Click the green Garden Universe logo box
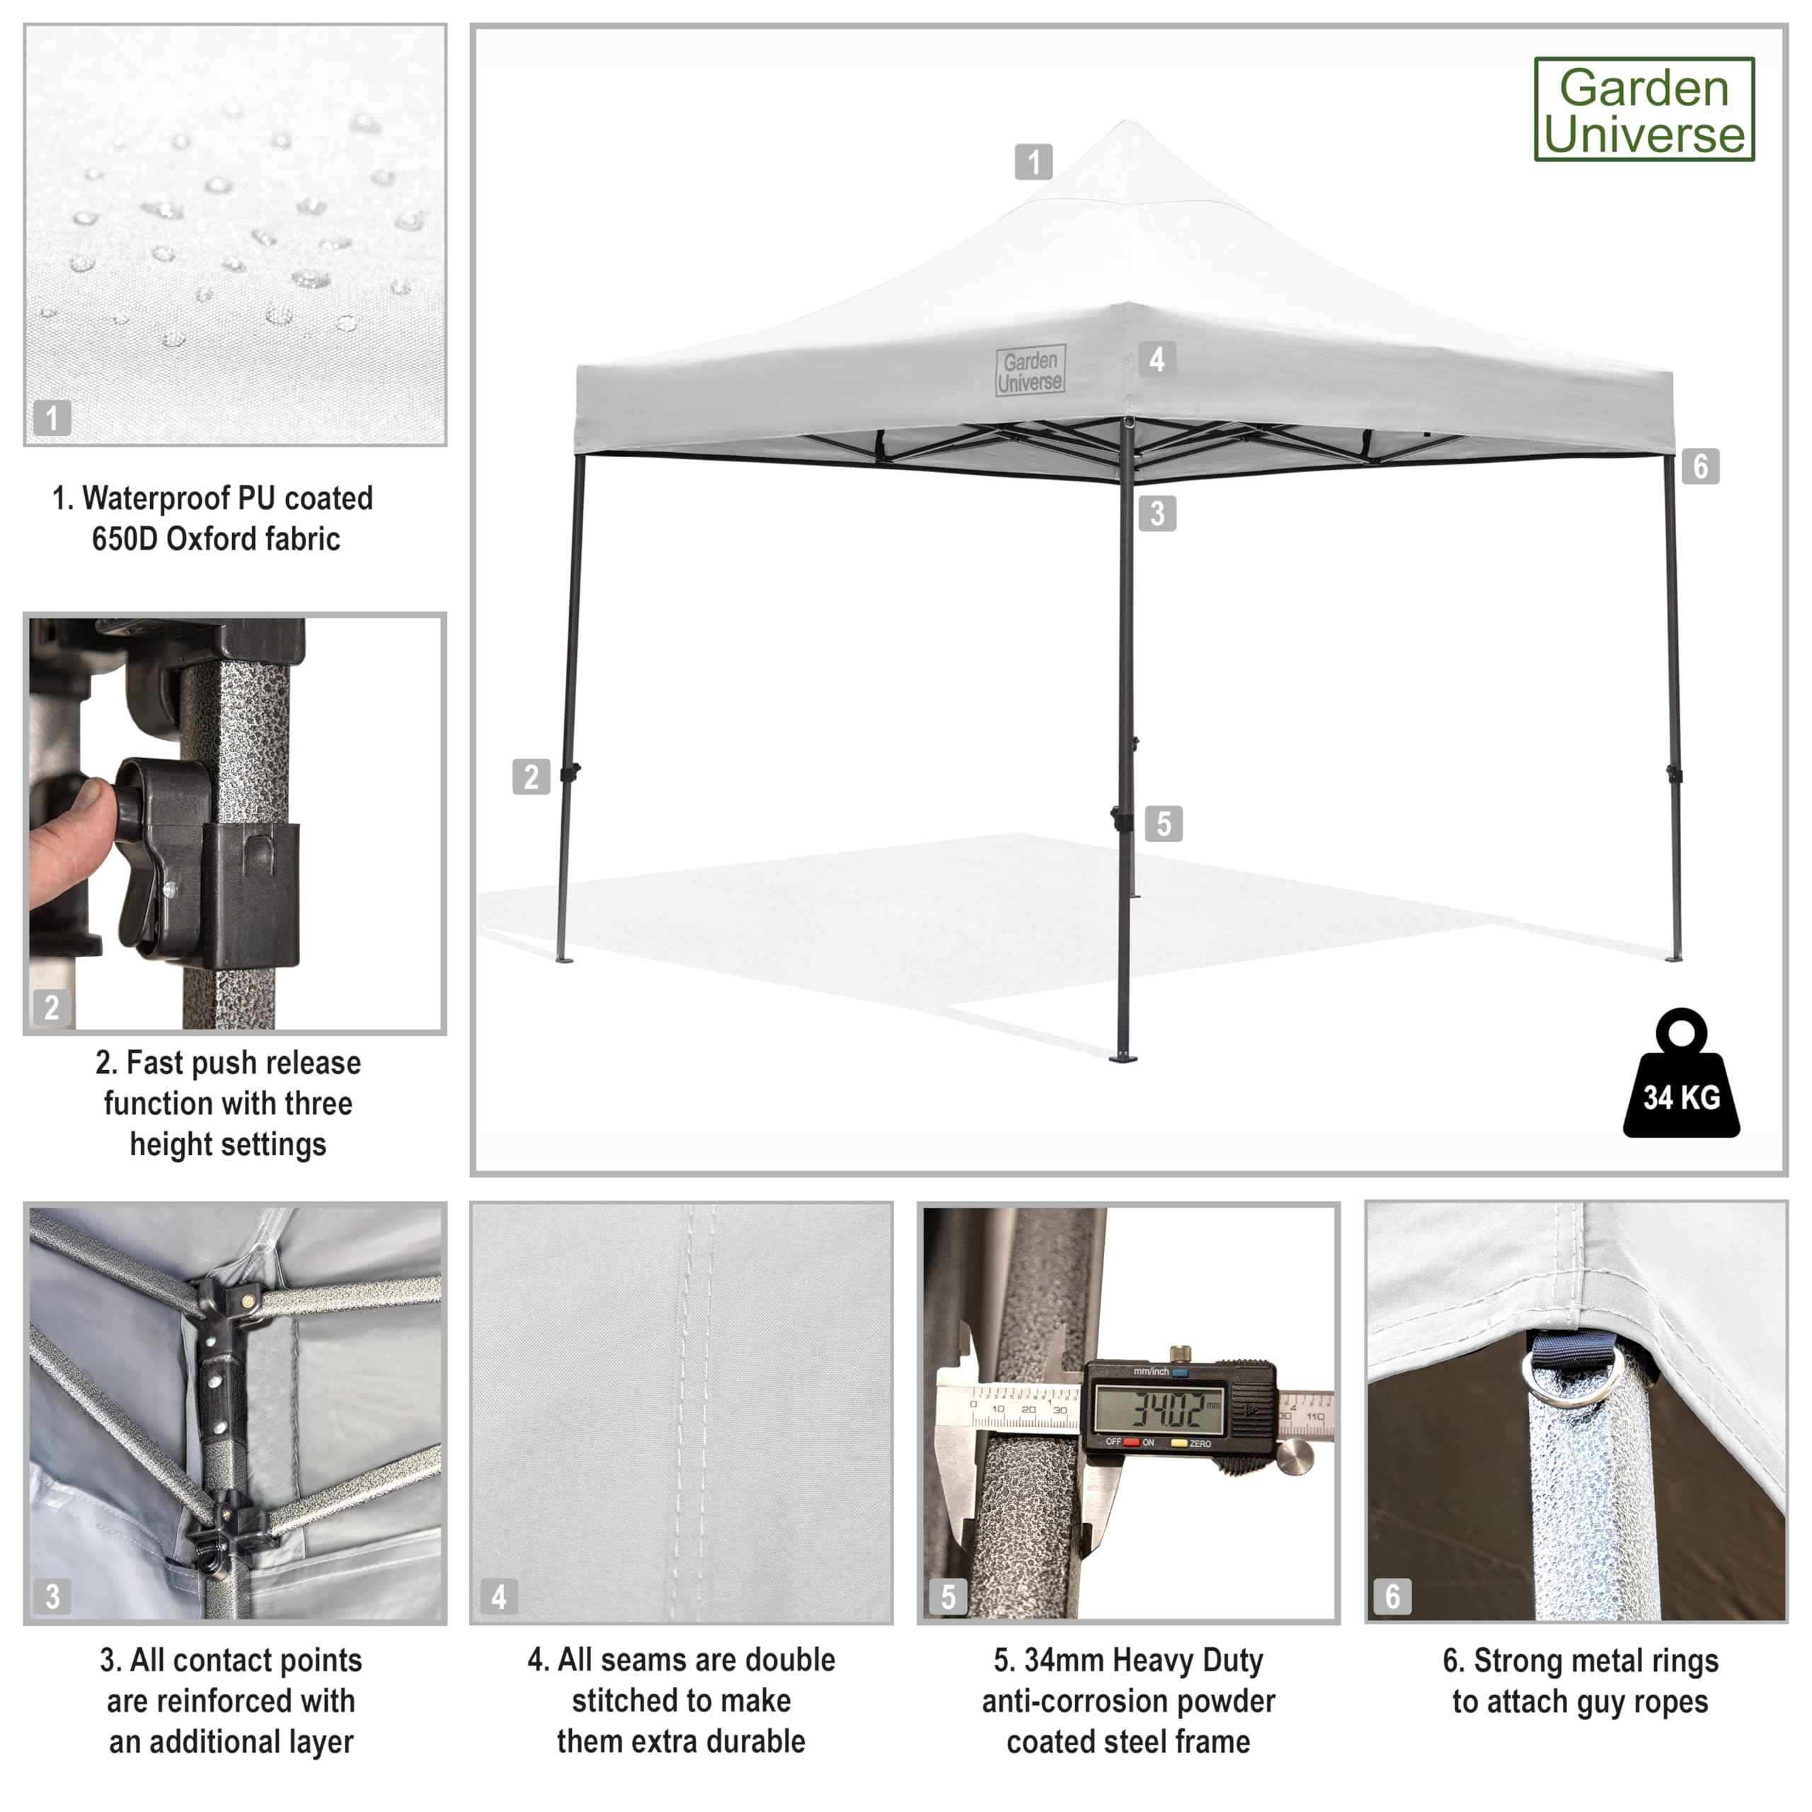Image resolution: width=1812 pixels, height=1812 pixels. click(1644, 110)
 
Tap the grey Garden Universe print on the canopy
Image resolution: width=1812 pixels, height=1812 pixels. click(1031, 372)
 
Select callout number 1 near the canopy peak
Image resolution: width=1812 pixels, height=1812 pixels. click(1033, 161)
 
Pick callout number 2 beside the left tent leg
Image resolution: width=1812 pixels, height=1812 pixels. click(531, 776)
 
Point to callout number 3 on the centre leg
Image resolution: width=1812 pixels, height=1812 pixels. click(1157, 513)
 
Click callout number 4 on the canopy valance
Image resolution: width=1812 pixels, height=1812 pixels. click(1157, 358)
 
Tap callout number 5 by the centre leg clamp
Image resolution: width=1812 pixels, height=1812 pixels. click(1164, 823)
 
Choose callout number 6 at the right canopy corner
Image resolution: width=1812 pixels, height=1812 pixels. click(1700, 466)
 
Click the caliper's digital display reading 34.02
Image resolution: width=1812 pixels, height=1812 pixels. click(1160, 1408)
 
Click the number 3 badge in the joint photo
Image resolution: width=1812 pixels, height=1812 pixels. click(52, 1596)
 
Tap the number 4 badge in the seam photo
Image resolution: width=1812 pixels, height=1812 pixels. click(499, 1596)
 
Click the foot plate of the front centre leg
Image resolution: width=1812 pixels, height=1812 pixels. click(1123, 1059)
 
